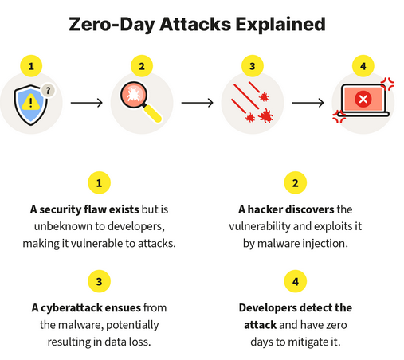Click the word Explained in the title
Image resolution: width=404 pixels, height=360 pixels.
click(x=280, y=25)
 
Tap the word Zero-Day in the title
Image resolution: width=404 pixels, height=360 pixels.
click(x=112, y=25)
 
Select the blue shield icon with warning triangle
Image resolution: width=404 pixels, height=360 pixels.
click(x=30, y=105)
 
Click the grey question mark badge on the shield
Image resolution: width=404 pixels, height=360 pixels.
click(x=48, y=91)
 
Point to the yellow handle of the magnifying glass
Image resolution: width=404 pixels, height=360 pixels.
click(x=152, y=114)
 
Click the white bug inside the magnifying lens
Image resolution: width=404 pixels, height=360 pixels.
click(x=134, y=95)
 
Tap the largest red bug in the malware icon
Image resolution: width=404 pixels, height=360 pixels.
click(x=266, y=116)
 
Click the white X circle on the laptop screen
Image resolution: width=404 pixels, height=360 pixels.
click(x=363, y=99)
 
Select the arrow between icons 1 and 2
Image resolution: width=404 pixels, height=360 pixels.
click(x=87, y=103)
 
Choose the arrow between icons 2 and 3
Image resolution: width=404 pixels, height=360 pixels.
click(x=198, y=103)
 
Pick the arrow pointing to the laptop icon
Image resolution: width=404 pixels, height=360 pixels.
click(x=308, y=103)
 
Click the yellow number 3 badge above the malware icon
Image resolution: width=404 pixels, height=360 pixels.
click(x=253, y=66)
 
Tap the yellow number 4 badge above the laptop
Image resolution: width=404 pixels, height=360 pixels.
click(x=363, y=66)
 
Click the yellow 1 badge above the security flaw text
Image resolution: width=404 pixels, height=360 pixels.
click(x=99, y=183)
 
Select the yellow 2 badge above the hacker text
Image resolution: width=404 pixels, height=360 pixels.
click(x=296, y=183)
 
